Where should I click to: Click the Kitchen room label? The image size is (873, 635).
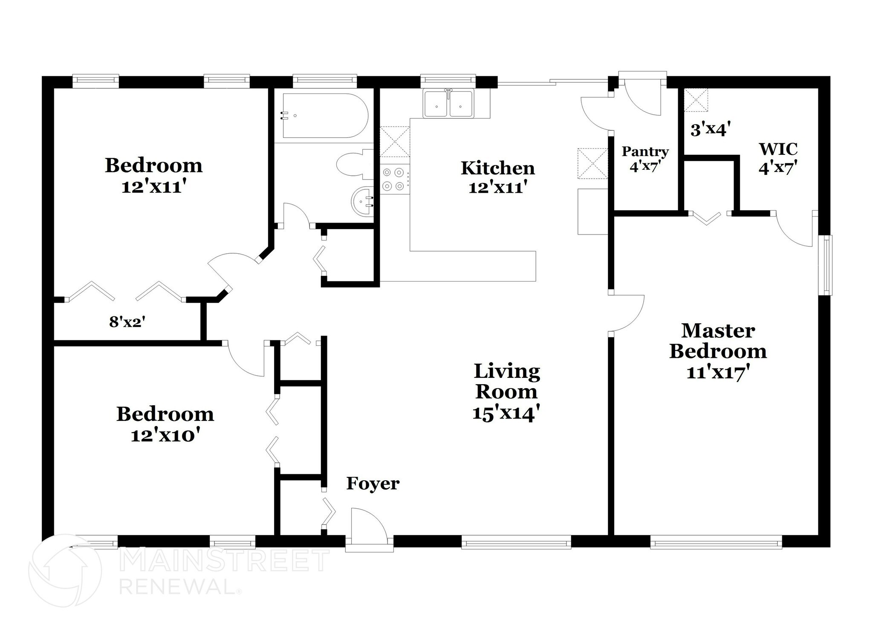click(x=497, y=168)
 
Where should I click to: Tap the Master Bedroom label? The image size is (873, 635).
click(x=718, y=341)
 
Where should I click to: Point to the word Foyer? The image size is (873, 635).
click(x=373, y=484)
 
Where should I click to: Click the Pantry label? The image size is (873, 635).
click(x=645, y=151)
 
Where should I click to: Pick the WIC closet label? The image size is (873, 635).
click(x=778, y=149)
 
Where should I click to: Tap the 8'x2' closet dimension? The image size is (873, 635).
click(x=127, y=322)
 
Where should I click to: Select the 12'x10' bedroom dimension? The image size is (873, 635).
click(x=165, y=435)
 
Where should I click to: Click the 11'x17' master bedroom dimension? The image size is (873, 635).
click(x=718, y=373)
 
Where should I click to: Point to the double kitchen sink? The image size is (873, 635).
click(x=448, y=104)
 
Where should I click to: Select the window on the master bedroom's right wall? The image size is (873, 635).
click(x=827, y=265)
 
